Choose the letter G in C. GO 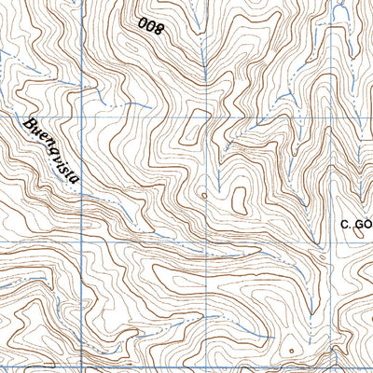pos(358,224)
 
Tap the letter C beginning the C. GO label pos(344,224)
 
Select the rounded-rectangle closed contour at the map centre pos(239,199)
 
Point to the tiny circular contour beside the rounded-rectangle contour pos(203,196)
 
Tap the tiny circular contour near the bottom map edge pos(290,352)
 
